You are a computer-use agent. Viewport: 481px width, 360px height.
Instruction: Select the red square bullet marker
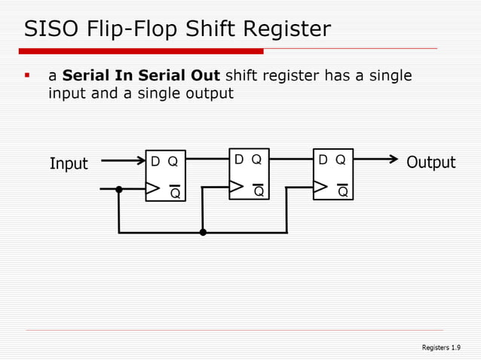pos(27,75)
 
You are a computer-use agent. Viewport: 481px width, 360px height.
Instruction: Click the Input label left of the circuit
pos(69,163)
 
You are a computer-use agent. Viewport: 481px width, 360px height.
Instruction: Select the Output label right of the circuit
pos(430,163)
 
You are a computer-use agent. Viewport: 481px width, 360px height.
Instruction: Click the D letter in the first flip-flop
pos(155,161)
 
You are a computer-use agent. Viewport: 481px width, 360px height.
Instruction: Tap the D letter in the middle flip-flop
pos(239,160)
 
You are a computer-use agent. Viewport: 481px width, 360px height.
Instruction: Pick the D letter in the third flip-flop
pos(323,160)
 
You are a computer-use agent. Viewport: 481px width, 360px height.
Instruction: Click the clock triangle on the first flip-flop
pos(153,188)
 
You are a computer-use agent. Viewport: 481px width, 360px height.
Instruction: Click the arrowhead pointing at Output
pos(393,159)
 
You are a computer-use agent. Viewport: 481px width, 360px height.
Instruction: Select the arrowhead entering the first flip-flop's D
pos(140,160)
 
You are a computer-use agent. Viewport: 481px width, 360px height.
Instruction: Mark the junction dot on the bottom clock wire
pos(203,233)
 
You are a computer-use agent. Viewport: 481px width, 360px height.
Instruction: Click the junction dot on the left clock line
pos(118,188)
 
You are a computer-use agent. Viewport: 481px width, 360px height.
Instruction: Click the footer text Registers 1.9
pos(441,347)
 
